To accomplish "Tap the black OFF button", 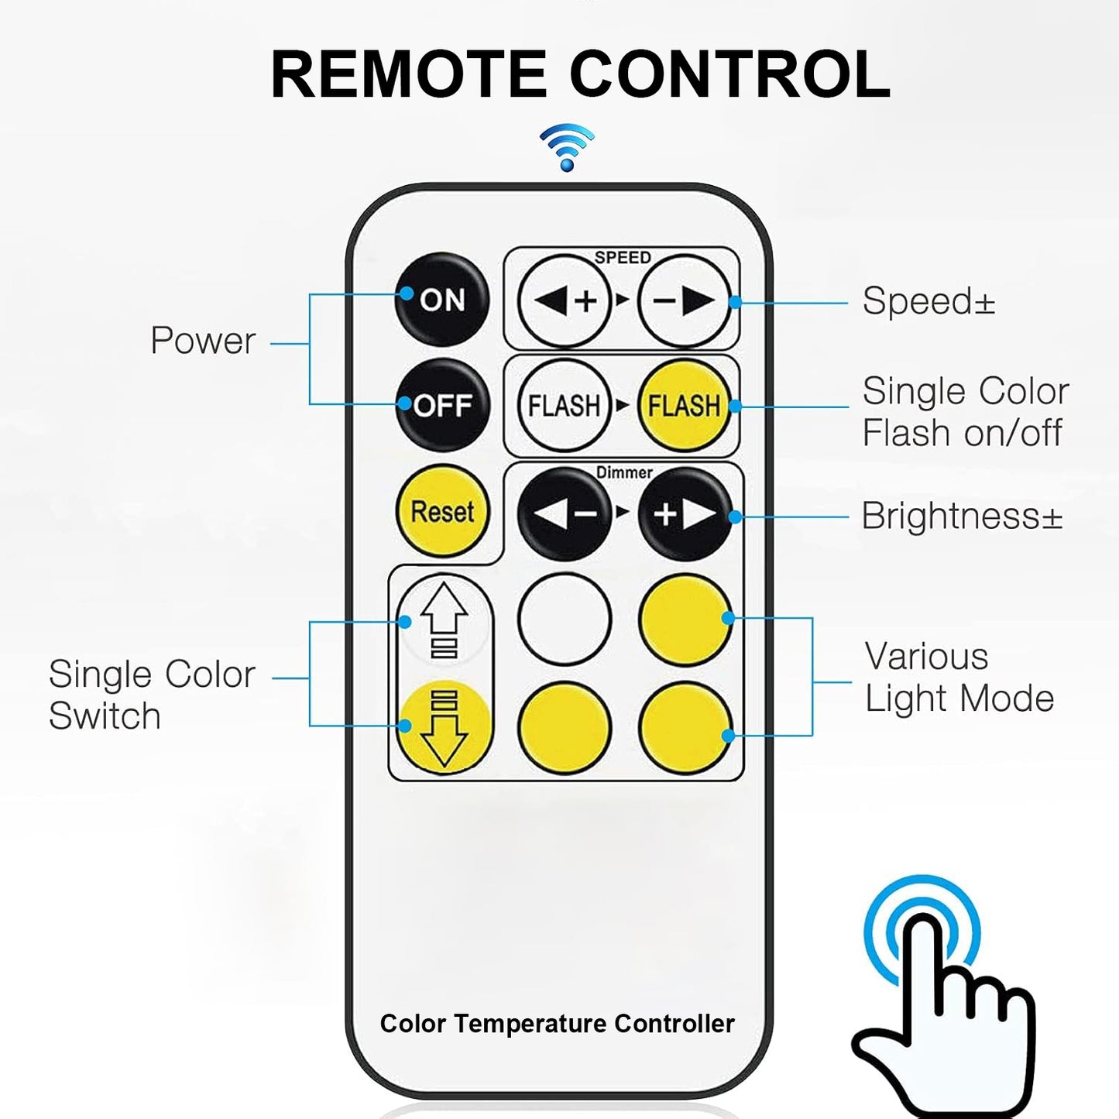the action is pos(442,405).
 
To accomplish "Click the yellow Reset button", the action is pos(442,512).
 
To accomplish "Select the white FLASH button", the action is pos(564,405).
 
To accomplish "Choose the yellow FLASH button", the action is pos(685,405).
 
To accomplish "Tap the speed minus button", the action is pos(685,300).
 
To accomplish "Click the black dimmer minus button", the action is pos(564,513).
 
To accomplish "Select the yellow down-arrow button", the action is pos(445,727).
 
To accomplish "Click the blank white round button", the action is pos(564,619).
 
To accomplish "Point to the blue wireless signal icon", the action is pos(567,147).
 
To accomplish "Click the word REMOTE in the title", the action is pos(408,75).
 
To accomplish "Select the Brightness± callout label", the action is pos(962,516).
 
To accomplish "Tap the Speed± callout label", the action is pos(928,300).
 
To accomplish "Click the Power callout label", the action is pos(203,340).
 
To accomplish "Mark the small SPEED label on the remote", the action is pos(623,257).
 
